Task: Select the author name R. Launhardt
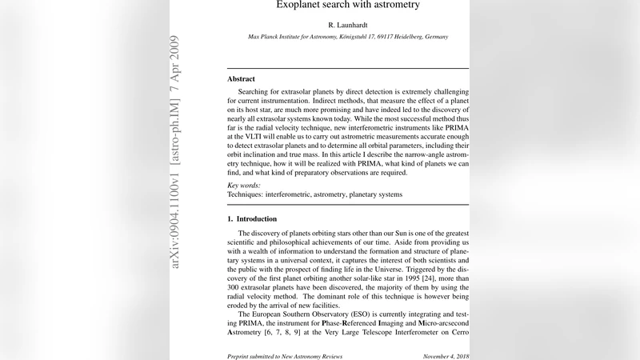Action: (x=347, y=26)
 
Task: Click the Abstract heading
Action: (x=241, y=79)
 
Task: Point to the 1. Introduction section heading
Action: (x=252, y=218)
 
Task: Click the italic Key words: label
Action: (x=245, y=184)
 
